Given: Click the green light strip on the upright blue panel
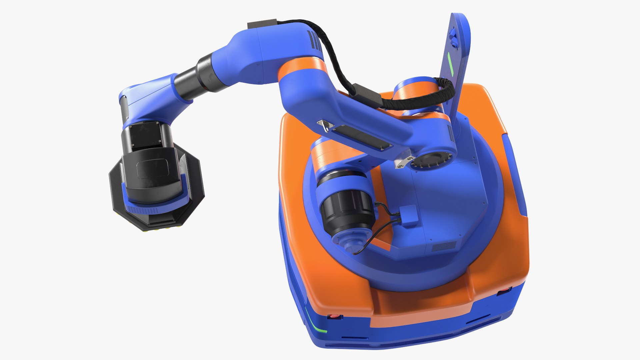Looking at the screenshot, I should (x=450, y=64).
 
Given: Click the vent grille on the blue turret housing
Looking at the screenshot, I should (x=444, y=246).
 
